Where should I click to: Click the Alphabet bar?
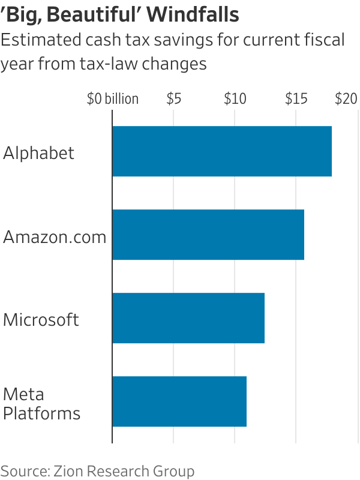(222, 151)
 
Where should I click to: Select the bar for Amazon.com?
(208, 235)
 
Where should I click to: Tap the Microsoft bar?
(188, 318)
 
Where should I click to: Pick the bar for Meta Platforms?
(179, 401)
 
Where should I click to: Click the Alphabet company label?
(39, 153)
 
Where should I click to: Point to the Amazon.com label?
(55, 236)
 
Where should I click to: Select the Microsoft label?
(41, 319)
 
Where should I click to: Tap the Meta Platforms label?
(41, 404)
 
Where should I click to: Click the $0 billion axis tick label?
(112, 99)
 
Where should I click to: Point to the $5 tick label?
(173, 99)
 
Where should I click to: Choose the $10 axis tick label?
(235, 99)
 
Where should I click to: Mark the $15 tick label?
(296, 99)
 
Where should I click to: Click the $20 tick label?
(346, 99)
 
